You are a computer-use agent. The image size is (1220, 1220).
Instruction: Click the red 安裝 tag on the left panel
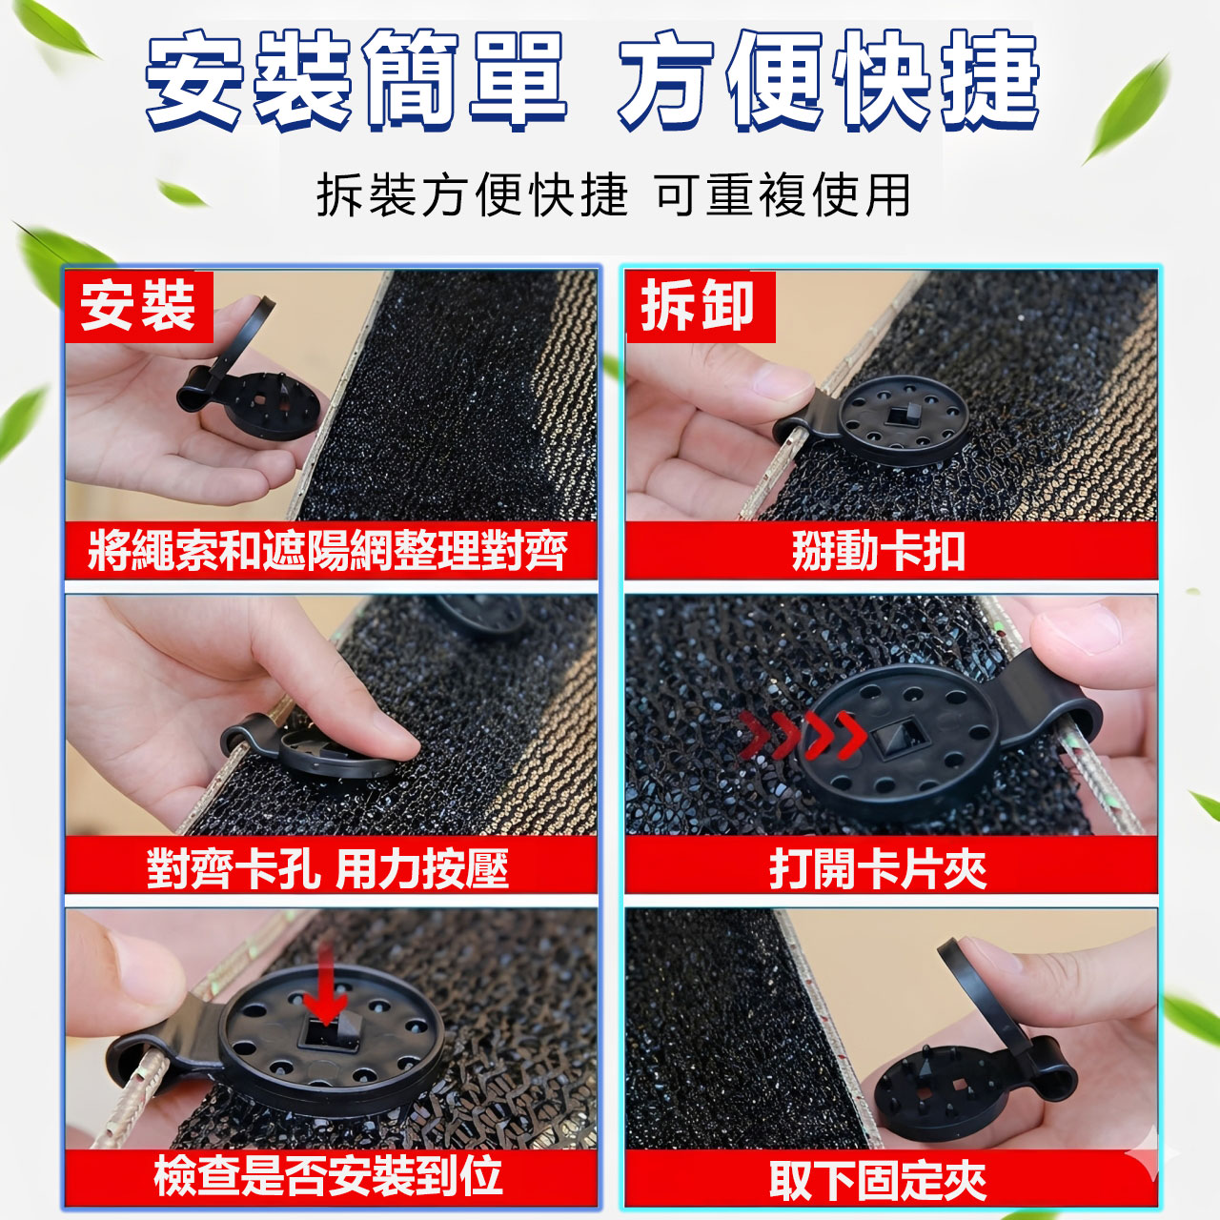[x=138, y=307]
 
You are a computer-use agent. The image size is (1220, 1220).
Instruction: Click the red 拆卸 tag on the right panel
[x=701, y=307]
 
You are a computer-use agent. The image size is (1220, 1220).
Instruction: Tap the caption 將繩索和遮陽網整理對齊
[x=327, y=550]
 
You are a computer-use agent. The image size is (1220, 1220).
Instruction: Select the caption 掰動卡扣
[x=879, y=550]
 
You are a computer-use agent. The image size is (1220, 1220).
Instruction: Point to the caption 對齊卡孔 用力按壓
[x=327, y=868]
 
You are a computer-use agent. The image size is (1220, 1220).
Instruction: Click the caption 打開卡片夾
[x=878, y=868]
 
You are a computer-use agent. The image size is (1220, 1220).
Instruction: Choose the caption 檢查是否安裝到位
[x=327, y=1176]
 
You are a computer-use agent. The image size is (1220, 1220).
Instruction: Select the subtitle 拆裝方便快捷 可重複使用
[x=613, y=195]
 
